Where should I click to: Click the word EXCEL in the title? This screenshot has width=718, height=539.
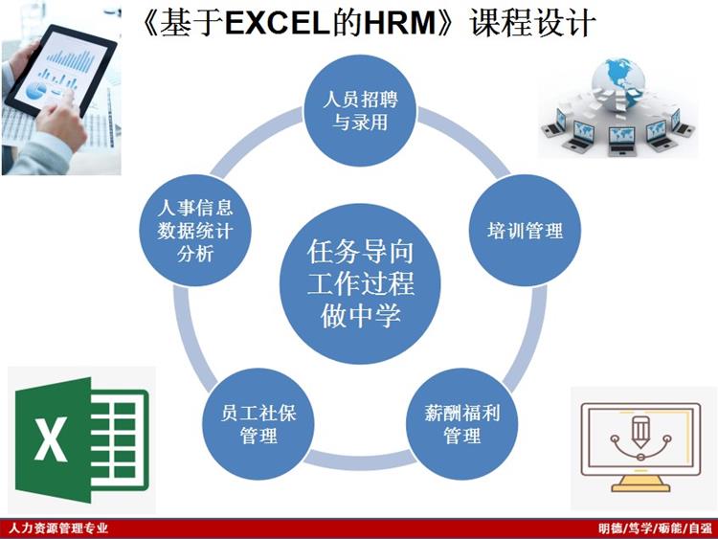point(278,22)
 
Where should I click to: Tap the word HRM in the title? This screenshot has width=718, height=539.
point(400,22)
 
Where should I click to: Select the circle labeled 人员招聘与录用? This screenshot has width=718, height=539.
point(360,110)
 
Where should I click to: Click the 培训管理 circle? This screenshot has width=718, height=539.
point(525,231)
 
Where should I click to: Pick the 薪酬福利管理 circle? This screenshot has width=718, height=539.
point(462,424)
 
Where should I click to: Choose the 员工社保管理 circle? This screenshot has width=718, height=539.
point(258,424)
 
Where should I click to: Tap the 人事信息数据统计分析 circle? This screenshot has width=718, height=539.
point(195,231)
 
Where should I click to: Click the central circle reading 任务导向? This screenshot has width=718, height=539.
point(360,284)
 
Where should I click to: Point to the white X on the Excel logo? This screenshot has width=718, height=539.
point(51,438)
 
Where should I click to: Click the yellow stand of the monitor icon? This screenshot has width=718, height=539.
point(640,483)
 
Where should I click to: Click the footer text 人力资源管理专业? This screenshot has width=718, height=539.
point(58,528)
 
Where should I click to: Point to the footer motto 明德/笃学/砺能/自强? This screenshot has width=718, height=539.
point(655,528)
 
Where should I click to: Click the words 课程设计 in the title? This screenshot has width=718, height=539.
point(532,22)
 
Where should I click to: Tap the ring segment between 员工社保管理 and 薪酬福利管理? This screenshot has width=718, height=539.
point(360,460)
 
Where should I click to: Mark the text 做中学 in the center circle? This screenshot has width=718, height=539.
point(360,315)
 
